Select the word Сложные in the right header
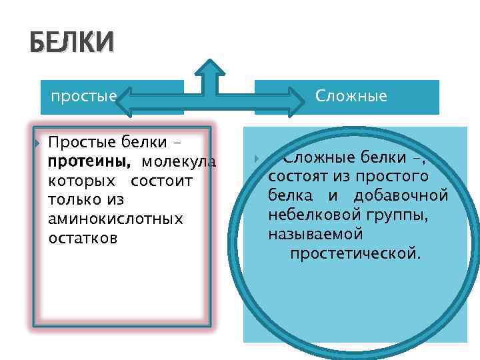click(x=351, y=96)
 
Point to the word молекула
click(x=179, y=161)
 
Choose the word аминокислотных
click(x=115, y=219)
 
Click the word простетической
click(x=355, y=254)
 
